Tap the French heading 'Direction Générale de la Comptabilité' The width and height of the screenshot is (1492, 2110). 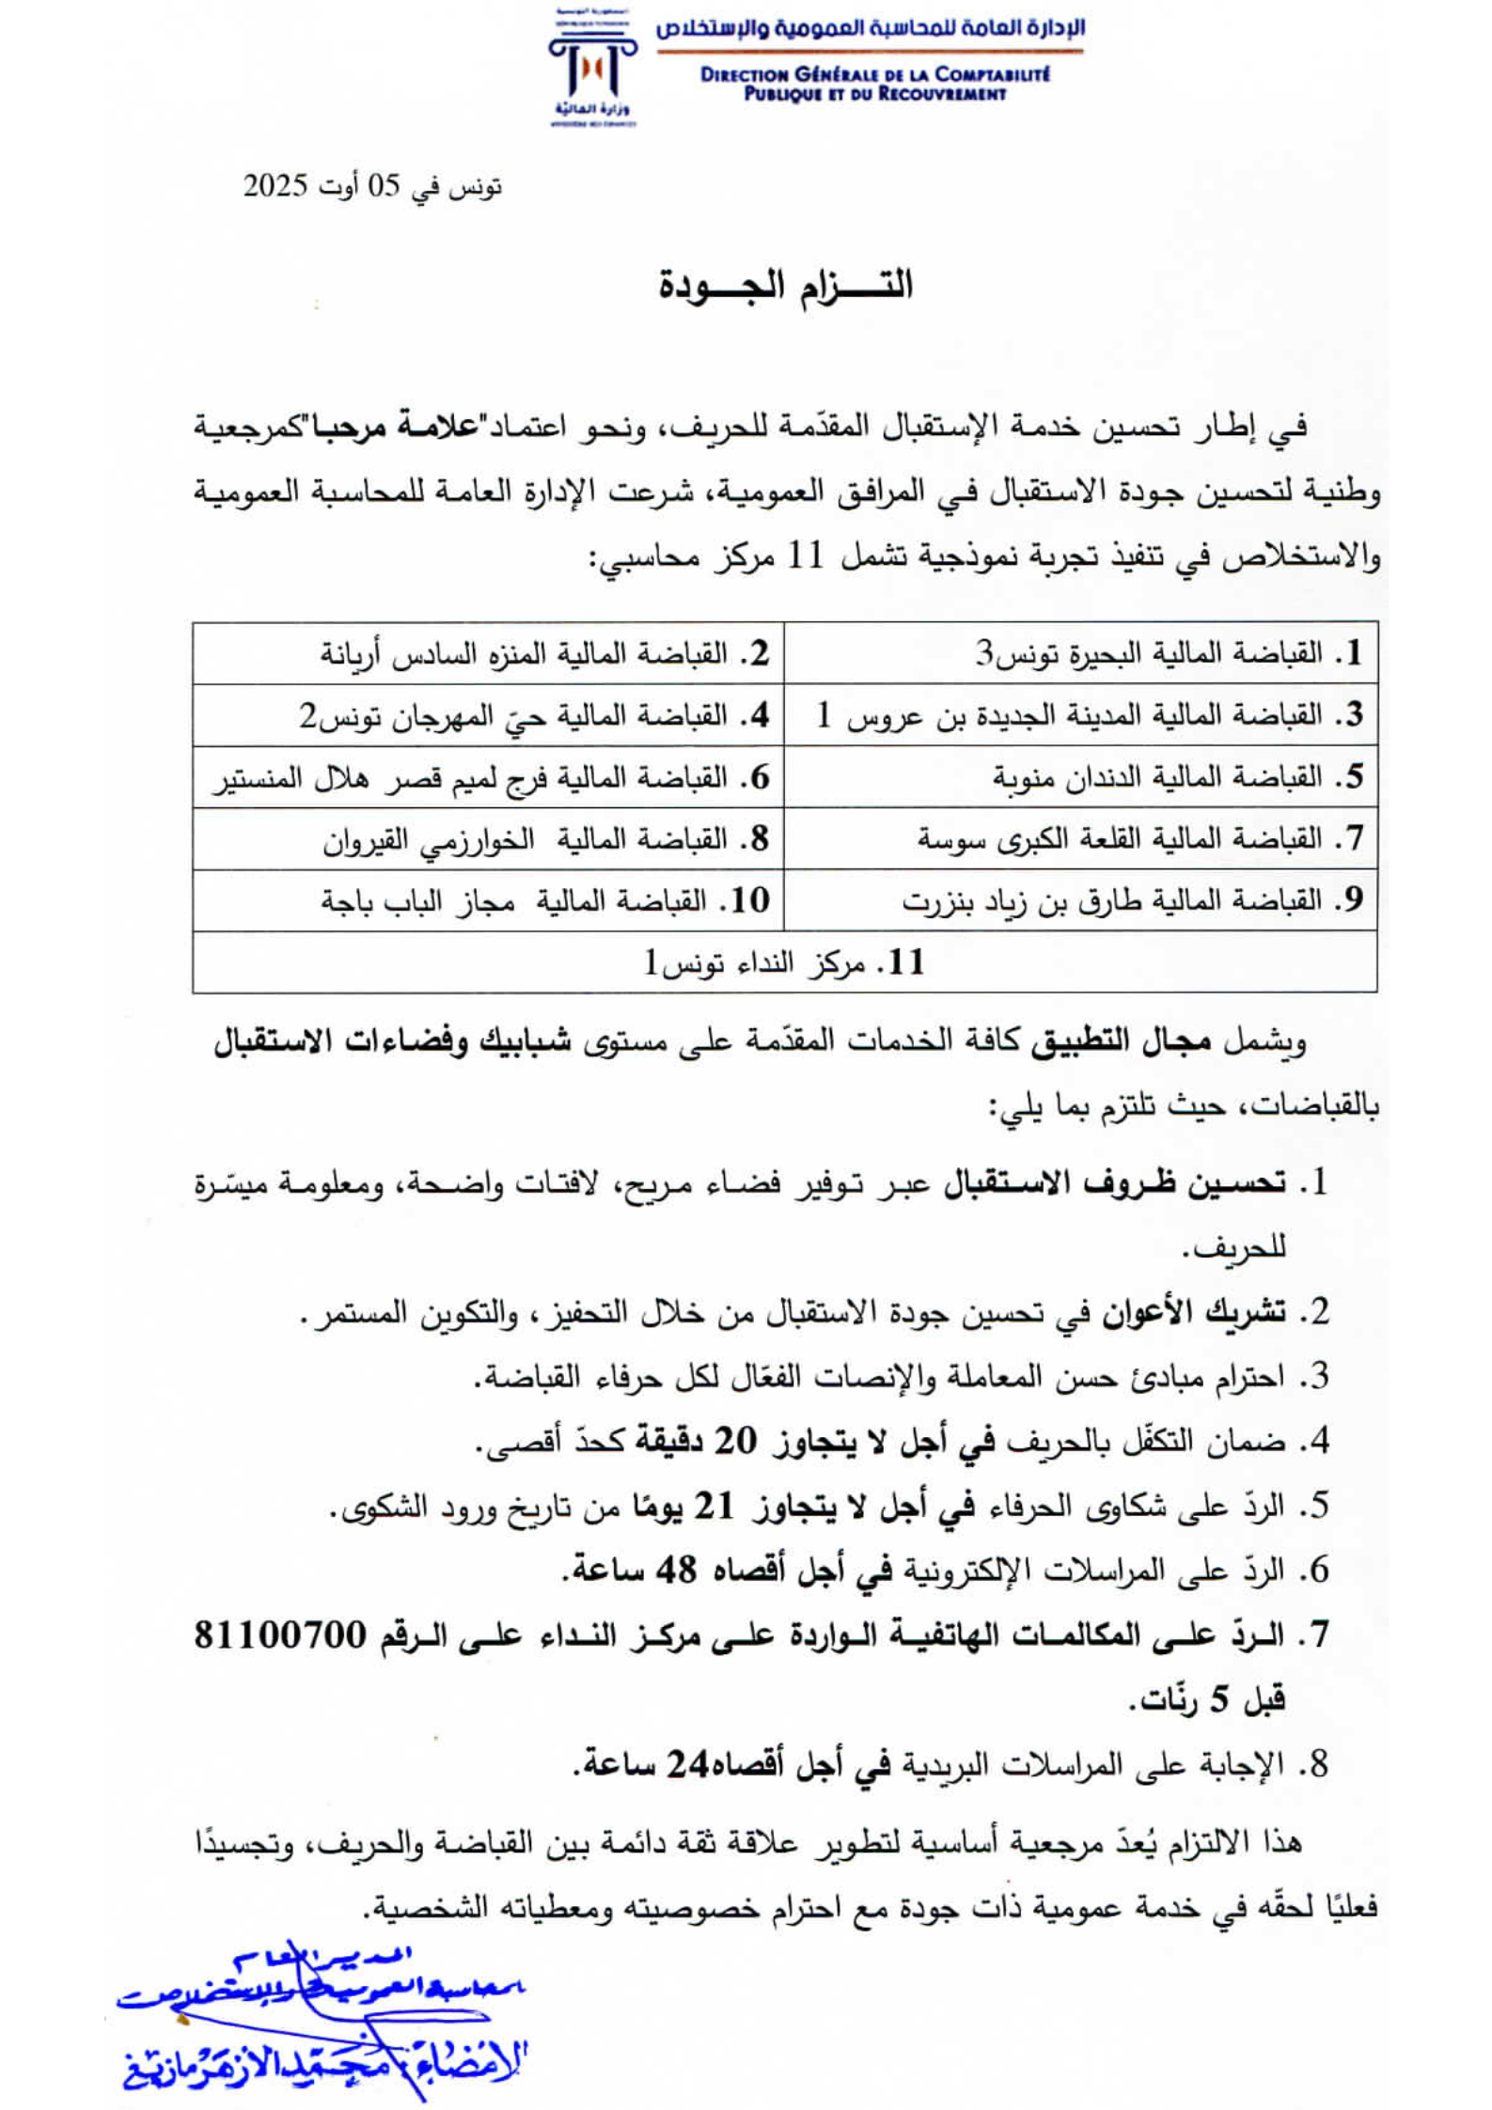click(874, 74)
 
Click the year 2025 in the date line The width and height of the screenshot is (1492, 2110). click(275, 186)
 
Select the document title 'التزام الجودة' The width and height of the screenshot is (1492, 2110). click(785, 285)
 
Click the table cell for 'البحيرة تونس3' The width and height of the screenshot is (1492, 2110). click(1081, 653)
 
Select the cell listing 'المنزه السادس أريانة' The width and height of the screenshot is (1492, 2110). click(489, 653)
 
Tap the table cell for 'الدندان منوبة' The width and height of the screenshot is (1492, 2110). click(1081, 777)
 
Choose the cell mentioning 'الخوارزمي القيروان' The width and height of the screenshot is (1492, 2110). click(489, 839)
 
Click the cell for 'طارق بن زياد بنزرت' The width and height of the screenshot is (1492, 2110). click(1081, 901)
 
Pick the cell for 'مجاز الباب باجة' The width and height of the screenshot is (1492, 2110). click(489, 901)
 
